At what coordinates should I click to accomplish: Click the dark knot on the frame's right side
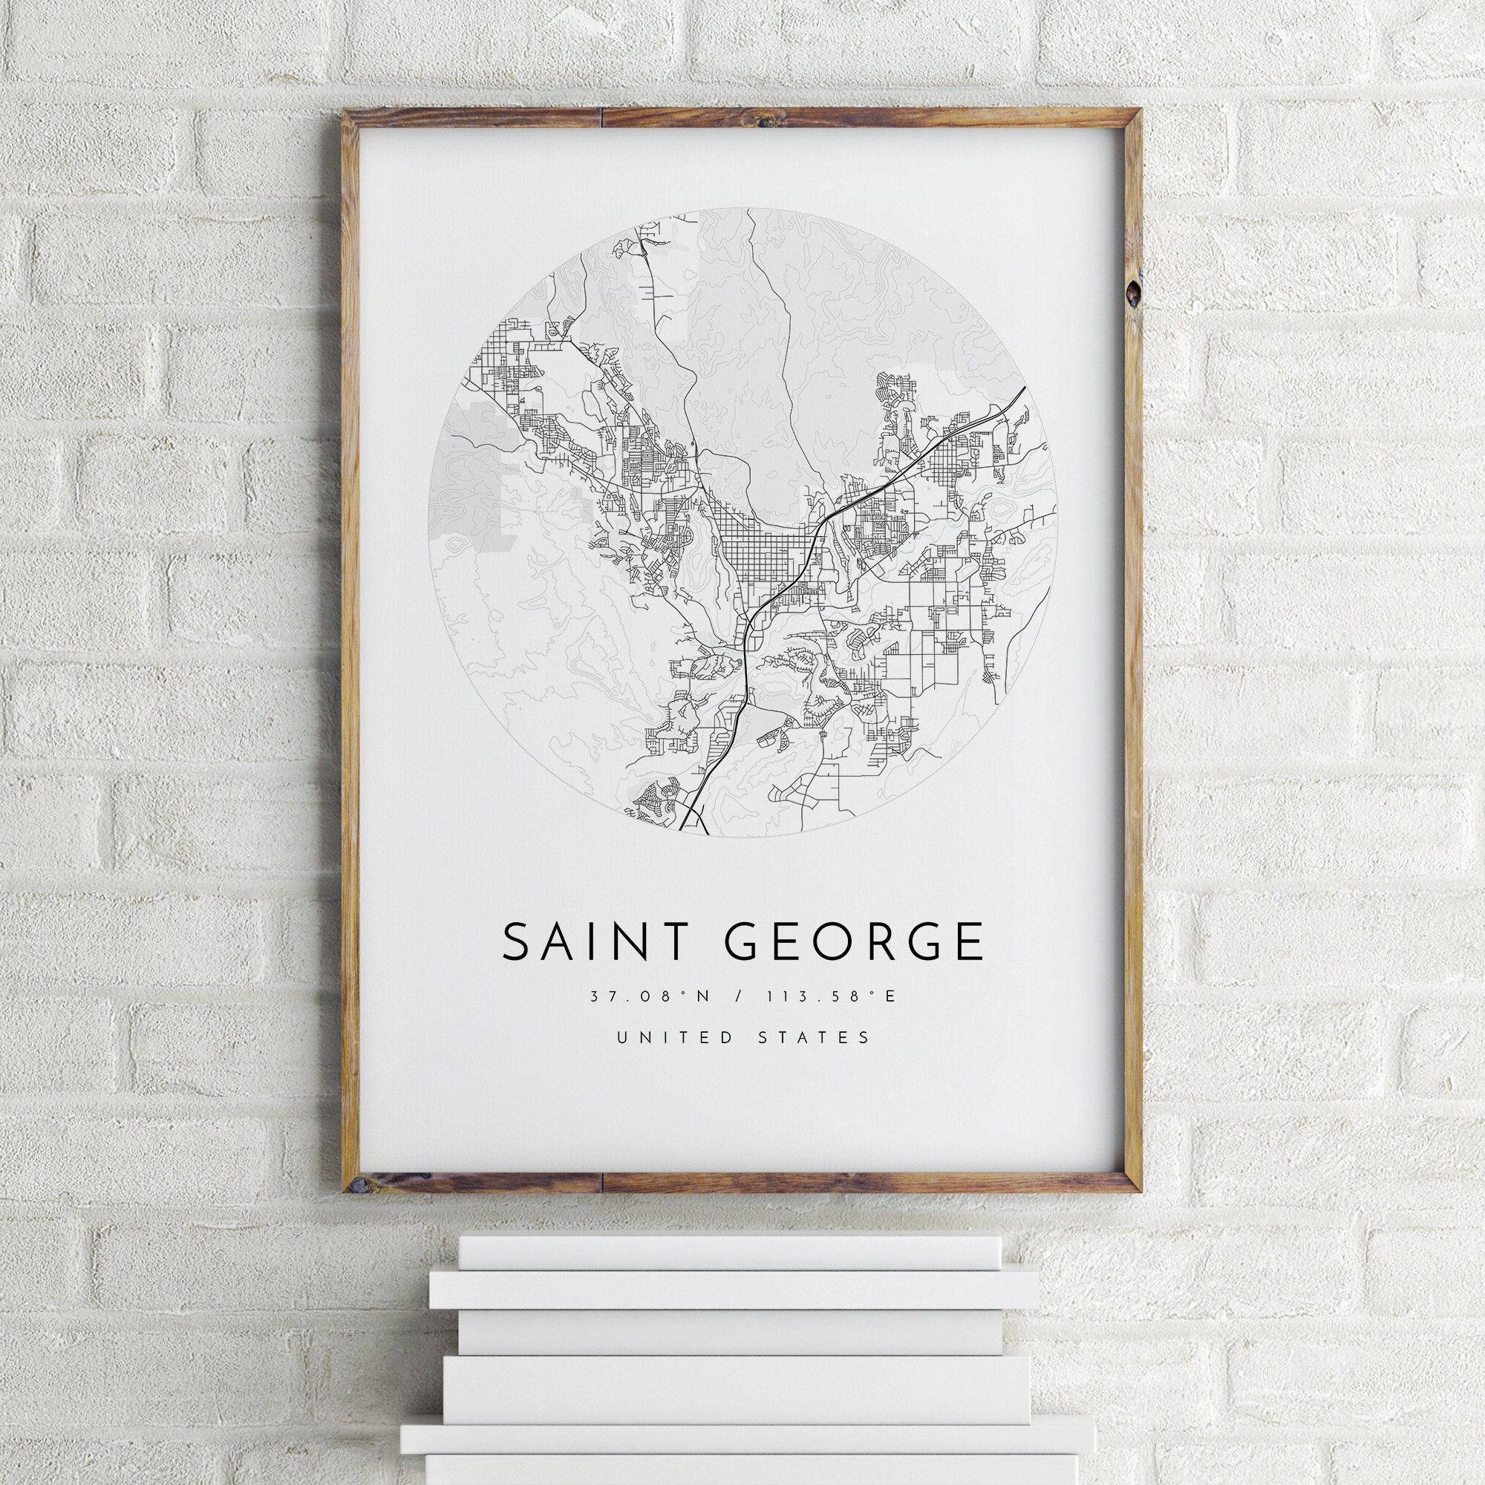pyautogui.click(x=1132, y=292)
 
